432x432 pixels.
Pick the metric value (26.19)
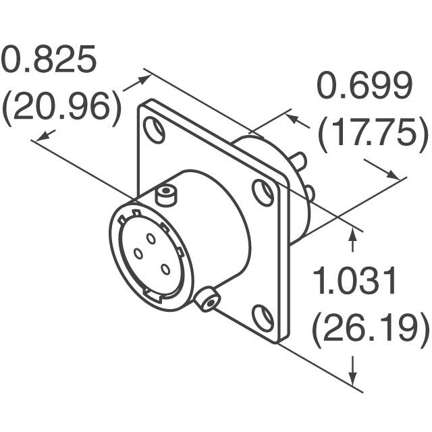pyautogui.click(x=370, y=330)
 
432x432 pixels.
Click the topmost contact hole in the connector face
pyautogui.click(x=151, y=238)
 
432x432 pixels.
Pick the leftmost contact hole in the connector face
pyautogui.click(x=138, y=254)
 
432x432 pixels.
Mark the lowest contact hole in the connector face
pyautogui.click(x=165, y=269)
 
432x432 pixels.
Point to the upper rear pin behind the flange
pyautogui.click(x=300, y=161)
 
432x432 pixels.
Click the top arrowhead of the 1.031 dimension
pyautogui.click(x=352, y=234)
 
